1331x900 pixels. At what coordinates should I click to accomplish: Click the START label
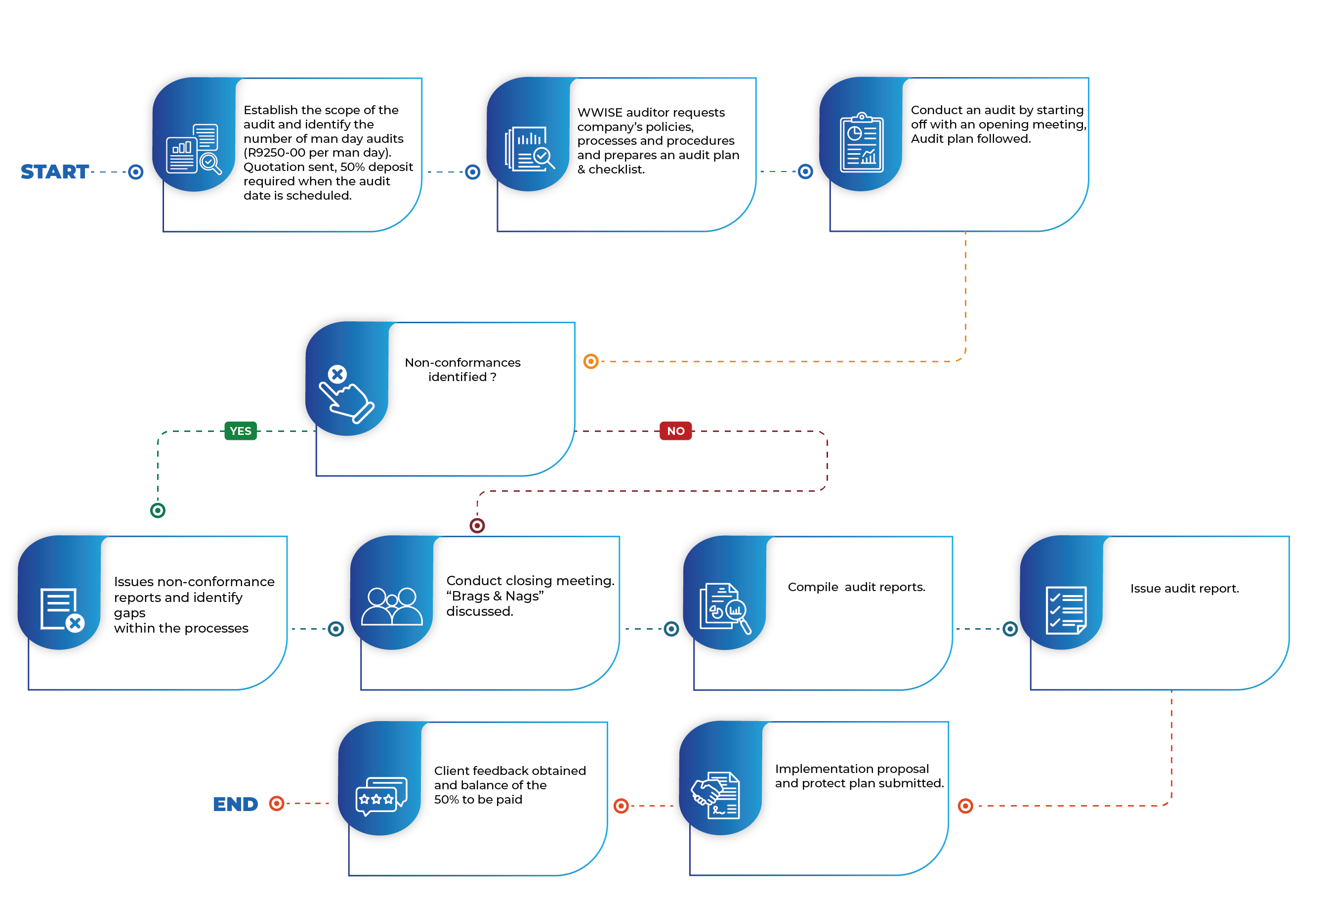(54, 171)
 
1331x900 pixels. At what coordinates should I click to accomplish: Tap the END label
(235, 804)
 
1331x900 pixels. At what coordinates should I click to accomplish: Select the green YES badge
(241, 431)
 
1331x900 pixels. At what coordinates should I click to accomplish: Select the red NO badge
(676, 431)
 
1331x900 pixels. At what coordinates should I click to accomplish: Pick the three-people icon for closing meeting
(392, 606)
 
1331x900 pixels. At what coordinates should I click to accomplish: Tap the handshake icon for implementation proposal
(716, 795)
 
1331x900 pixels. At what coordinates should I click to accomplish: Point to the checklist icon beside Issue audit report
(1066, 610)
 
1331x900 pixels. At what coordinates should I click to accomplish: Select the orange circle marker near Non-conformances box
(590, 361)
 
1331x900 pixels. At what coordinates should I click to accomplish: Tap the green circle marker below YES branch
(158, 511)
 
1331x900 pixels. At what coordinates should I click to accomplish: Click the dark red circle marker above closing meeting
(477, 525)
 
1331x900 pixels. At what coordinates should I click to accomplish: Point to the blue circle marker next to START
(136, 171)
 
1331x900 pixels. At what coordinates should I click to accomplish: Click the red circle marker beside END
(277, 803)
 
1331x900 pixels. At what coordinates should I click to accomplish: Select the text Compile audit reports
(856, 587)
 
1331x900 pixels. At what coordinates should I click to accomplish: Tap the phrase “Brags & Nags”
(495, 597)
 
